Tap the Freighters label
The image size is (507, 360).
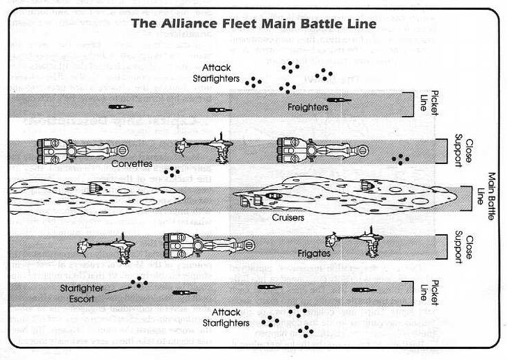pyautogui.click(x=308, y=108)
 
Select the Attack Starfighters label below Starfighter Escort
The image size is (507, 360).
pyautogui.click(x=226, y=318)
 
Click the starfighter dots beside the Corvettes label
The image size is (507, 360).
pyautogui.click(x=171, y=171)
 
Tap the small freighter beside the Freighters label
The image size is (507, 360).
pyautogui.click(x=339, y=101)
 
